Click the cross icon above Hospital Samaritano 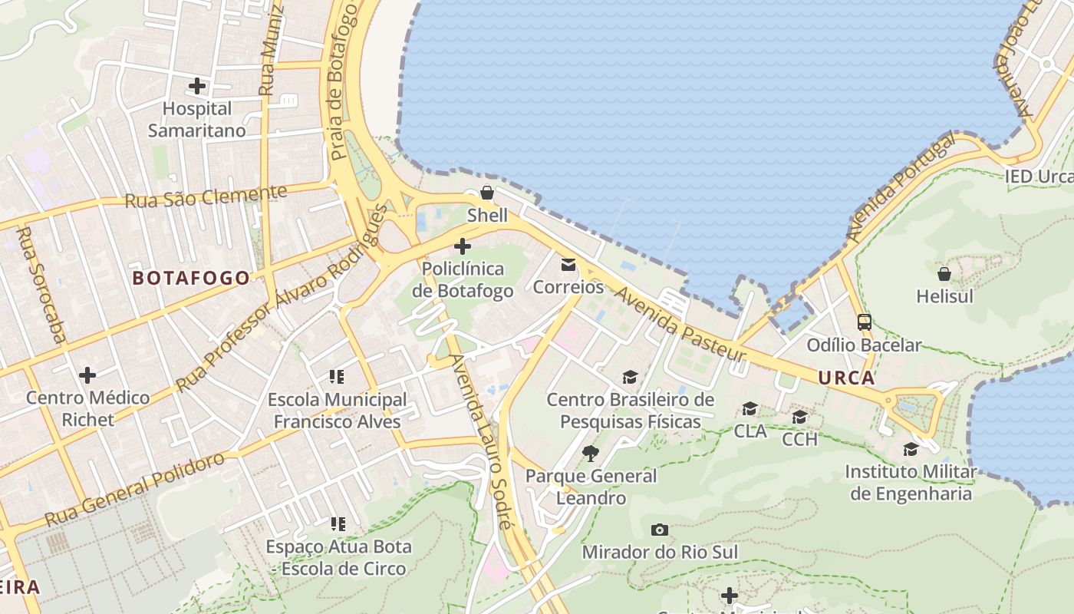pos(197,85)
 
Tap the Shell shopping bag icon pos(487,192)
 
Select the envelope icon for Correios pos(568,265)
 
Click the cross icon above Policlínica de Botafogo pos(463,246)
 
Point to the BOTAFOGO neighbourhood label pos(192,278)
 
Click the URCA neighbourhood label pos(846,378)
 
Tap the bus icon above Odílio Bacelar pos(865,322)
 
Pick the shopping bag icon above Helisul pos(944,273)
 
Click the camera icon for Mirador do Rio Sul pos(659,530)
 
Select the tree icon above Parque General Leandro pos(590,453)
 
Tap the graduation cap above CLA pos(749,408)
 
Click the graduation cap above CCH pos(799,417)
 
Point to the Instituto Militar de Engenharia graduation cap pos(911,449)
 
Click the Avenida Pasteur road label pos(680,325)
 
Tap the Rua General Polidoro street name pos(135,489)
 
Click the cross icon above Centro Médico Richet pos(87,375)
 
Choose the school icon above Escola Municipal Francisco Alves pos(337,376)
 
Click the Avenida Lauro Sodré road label pos(480,442)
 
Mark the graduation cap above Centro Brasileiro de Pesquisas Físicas pos(630,377)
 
